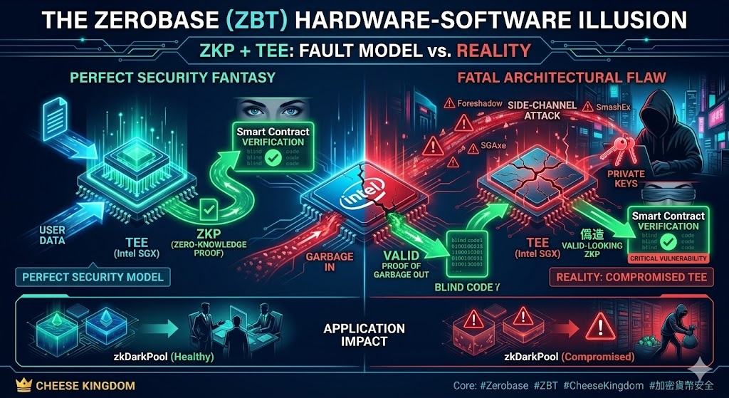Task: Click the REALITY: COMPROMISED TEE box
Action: [x=631, y=277]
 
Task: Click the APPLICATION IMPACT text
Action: [x=364, y=335]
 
